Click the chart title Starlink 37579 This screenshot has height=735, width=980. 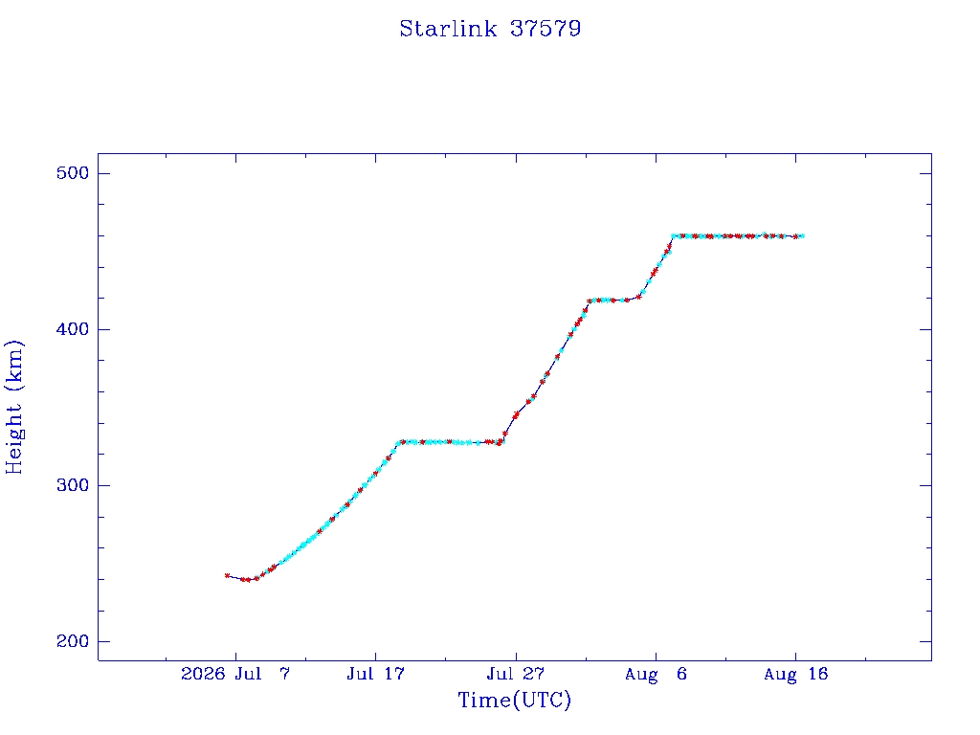point(490,29)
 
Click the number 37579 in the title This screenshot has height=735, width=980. point(546,29)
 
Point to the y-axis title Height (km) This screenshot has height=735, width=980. point(13,407)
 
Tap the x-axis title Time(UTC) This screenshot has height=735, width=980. point(514,700)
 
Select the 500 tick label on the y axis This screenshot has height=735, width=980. point(73,173)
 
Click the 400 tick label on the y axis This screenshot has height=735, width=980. point(73,329)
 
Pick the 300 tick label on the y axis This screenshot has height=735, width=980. point(73,485)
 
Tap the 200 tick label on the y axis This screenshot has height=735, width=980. point(73,641)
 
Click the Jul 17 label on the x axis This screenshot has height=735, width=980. point(375,674)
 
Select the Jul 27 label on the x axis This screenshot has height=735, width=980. point(516,674)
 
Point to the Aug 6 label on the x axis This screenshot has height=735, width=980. point(656,674)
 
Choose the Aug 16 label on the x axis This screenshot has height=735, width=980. point(795,674)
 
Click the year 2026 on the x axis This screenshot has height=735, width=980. point(203,674)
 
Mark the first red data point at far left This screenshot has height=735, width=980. point(227,575)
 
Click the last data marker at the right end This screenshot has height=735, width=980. point(802,236)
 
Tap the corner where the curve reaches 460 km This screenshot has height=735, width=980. point(673,236)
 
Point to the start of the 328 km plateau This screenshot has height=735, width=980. point(399,442)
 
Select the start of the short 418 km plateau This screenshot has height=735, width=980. point(590,301)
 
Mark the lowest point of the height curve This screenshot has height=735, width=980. point(248,580)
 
